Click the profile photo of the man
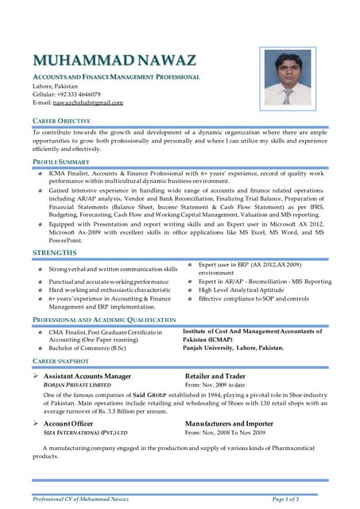287,78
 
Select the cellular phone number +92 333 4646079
79,94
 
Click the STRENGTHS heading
54,253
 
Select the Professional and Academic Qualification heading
103,319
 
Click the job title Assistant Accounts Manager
87,375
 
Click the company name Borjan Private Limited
77,384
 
